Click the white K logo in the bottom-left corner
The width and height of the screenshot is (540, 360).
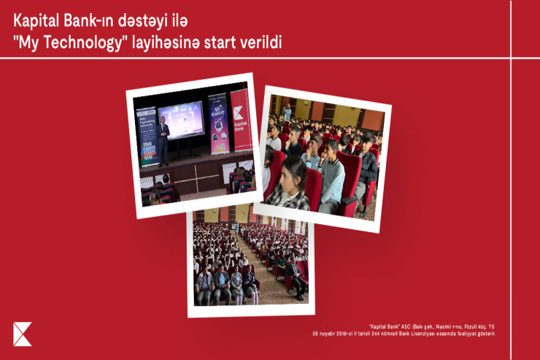point(23,333)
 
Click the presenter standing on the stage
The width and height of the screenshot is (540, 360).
point(164,139)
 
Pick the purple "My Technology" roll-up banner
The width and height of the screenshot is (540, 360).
point(218,124)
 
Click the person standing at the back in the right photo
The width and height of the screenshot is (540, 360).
point(288,113)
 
